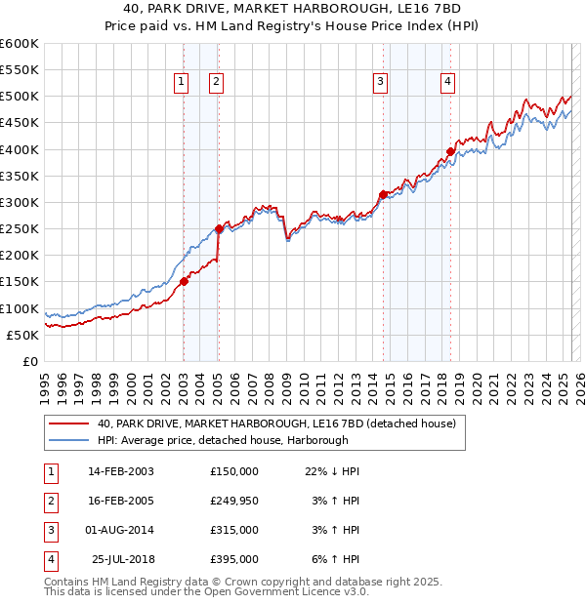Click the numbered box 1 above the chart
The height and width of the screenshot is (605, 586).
click(x=182, y=82)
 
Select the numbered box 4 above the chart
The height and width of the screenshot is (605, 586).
click(x=446, y=82)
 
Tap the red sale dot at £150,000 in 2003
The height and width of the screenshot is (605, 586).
click(x=184, y=281)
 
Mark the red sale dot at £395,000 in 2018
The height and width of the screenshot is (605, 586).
click(x=450, y=151)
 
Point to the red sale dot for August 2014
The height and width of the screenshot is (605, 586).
click(x=383, y=194)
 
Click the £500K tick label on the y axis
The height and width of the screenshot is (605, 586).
click(x=20, y=97)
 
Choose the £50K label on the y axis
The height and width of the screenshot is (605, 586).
click(x=23, y=335)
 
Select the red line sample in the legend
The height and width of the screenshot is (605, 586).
click(x=68, y=423)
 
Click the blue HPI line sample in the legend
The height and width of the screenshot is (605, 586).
click(x=68, y=440)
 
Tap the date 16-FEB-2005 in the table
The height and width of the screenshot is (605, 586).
click(x=120, y=501)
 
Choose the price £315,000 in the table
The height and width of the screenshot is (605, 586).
click(x=234, y=530)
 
